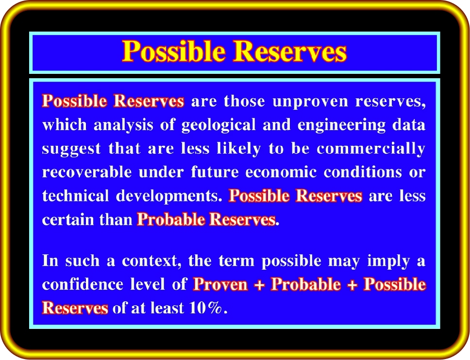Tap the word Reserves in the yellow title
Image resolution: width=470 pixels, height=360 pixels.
point(290,51)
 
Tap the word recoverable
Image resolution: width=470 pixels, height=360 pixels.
point(86,172)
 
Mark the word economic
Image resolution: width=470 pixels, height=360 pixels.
point(281,172)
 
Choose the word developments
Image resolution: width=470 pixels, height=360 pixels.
point(169,196)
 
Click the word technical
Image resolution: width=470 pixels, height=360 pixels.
point(75,196)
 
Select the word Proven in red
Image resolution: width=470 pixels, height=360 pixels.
point(220,284)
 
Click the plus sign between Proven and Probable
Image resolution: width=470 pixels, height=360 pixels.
point(259,285)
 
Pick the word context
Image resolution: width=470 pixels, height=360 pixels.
point(151,261)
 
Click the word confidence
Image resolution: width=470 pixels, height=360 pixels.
point(83,284)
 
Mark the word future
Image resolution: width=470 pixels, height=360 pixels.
point(215,172)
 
